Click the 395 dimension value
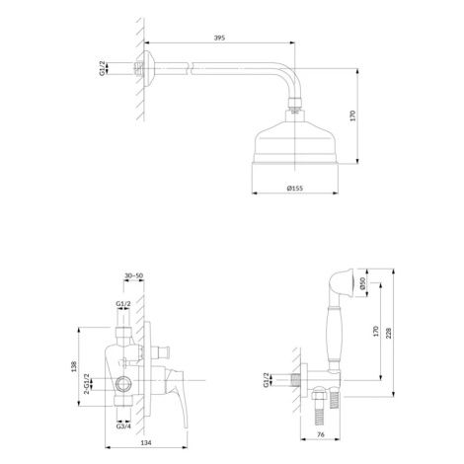tap(219, 38)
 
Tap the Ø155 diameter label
tap(295, 189)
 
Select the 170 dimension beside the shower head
tap(352, 116)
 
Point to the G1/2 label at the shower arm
tap(103, 68)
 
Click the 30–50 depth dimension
tap(134, 275)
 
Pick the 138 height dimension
tap(74, 366)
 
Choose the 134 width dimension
tap(146, 443)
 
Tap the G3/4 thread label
tap(123, 426)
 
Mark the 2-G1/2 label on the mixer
tap(87, 383)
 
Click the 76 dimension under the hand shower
tap(320, 434)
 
